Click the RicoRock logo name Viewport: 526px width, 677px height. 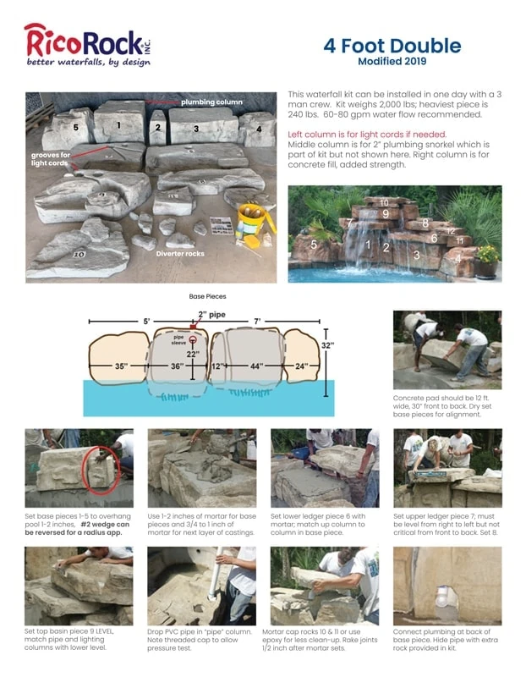click(76, 40)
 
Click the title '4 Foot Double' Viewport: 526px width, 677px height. click(392, 45)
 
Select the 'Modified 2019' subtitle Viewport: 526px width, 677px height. click(392, 62)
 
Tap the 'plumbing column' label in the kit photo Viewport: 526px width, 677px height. click(211, 102)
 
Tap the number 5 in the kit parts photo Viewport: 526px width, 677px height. click(75, 128)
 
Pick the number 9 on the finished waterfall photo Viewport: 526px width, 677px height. click(385, 215)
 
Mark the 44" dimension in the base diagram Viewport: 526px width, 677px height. click(255, 366)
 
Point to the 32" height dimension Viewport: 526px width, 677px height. click(327, 345)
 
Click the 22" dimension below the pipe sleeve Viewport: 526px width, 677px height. click(194, 354)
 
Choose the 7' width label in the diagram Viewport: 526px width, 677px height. click(258, 322)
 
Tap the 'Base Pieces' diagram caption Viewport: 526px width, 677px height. click(206, 297)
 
